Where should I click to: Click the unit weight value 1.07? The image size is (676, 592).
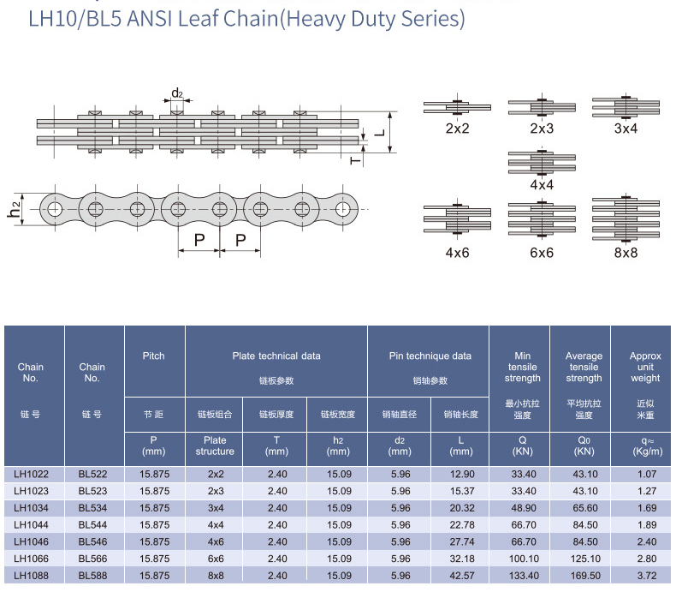(x=645, y=474)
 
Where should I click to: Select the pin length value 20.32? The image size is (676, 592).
(x=461, y=507)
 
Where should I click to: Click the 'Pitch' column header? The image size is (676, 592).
(x=154, y=356)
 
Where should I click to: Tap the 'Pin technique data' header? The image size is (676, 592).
(x=426, y=356)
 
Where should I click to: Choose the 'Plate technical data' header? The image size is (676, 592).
(x=276, y=356)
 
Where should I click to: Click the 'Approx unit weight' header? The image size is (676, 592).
(x=645, y=367)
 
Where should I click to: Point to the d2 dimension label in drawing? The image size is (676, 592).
(x=177, y=93)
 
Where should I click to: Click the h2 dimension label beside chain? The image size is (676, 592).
(x=15, y=209)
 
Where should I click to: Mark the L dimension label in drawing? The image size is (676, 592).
(x=379, y=133)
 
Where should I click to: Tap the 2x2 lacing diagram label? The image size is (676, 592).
(x=458, y=129)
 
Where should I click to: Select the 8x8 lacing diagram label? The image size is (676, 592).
(x=626, y=253)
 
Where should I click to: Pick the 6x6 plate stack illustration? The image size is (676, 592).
(x=542, y=221)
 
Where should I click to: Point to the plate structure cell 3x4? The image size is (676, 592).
(x=215, y=507)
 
